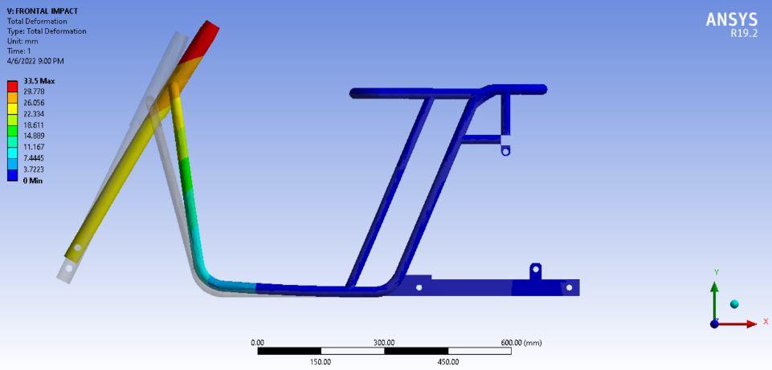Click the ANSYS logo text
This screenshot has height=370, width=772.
(732, 20)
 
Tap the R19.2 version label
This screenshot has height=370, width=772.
(745, 34)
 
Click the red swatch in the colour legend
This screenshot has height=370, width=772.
(12, 87)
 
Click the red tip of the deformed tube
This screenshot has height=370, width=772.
(202, 40)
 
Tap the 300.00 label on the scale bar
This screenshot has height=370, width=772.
(384, 343)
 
